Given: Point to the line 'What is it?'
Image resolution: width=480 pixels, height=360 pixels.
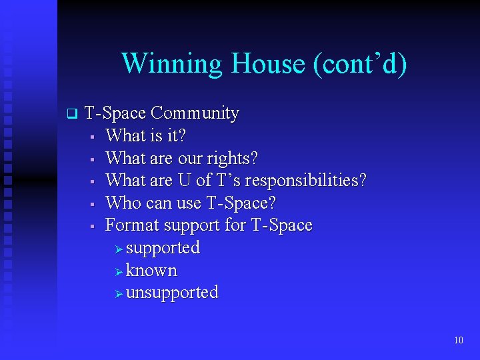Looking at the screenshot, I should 145,136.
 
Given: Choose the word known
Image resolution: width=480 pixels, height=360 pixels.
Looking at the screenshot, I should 151,271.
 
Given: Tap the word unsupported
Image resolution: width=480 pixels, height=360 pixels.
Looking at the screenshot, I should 172,293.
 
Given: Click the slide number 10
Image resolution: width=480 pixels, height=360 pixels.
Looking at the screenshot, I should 458,341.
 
